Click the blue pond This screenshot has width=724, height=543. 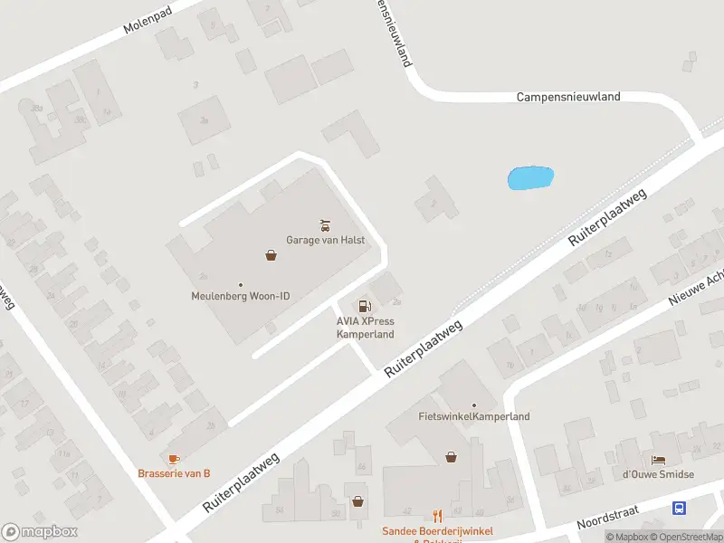(530, 177)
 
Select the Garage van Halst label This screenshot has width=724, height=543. (325, 240)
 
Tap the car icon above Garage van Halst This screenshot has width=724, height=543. (325, 224)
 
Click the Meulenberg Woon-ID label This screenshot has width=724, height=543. (241, 295)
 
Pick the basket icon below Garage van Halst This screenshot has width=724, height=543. (271, 255)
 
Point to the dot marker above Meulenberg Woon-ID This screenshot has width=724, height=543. (241, 283)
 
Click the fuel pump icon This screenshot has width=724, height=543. (365, 306)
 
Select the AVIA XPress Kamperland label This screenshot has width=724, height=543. (366, 328)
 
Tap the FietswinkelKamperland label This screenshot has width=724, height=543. (474, 416)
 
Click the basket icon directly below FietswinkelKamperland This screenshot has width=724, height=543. (451, 457)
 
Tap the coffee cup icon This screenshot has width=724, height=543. (174, 459)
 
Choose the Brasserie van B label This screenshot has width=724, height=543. (174, 473)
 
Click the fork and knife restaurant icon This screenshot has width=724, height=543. (437, 516)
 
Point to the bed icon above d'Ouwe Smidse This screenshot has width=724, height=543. (658, 460)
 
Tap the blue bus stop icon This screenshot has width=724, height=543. (679, 509)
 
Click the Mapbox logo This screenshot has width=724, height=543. (40, 531)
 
